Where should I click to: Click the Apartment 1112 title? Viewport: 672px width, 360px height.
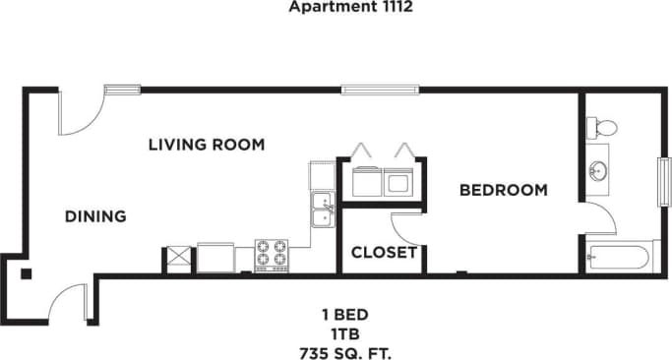click(336, 7)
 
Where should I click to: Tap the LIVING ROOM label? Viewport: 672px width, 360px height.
click(207, 145)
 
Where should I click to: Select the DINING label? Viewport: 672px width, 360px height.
click(95, 216)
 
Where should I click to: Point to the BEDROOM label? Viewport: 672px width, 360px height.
click(504, 190)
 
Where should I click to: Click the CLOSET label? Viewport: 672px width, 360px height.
click(384, 252)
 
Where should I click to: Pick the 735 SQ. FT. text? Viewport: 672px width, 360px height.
click(336, 351)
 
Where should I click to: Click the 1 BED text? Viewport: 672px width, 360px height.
click(336, 316)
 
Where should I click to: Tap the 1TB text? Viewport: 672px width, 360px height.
click(336, 333)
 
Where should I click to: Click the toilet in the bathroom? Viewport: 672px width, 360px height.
click(602, 127)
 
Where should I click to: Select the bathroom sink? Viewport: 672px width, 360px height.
click(597, 171)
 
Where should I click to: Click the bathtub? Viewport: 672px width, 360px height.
click(617, 259)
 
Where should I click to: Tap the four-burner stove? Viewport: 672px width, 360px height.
click(272, 255)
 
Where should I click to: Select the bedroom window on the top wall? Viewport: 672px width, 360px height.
click(382, 90)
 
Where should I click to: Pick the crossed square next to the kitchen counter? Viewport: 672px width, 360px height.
click(178, 258)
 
